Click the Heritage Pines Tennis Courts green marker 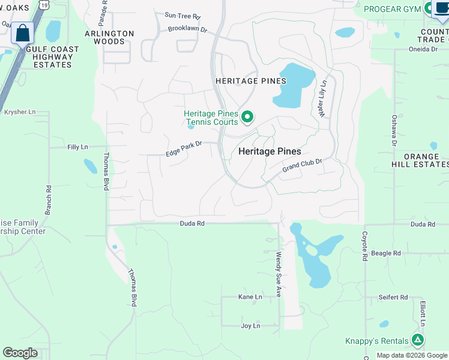247,116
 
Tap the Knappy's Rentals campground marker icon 418,340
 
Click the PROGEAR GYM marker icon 429,8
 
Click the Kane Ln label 250,297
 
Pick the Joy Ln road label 250,326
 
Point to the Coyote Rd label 365,246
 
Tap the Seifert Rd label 393,298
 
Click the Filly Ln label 77,147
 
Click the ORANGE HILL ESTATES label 424,160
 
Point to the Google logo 20,353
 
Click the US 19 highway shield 44,4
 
